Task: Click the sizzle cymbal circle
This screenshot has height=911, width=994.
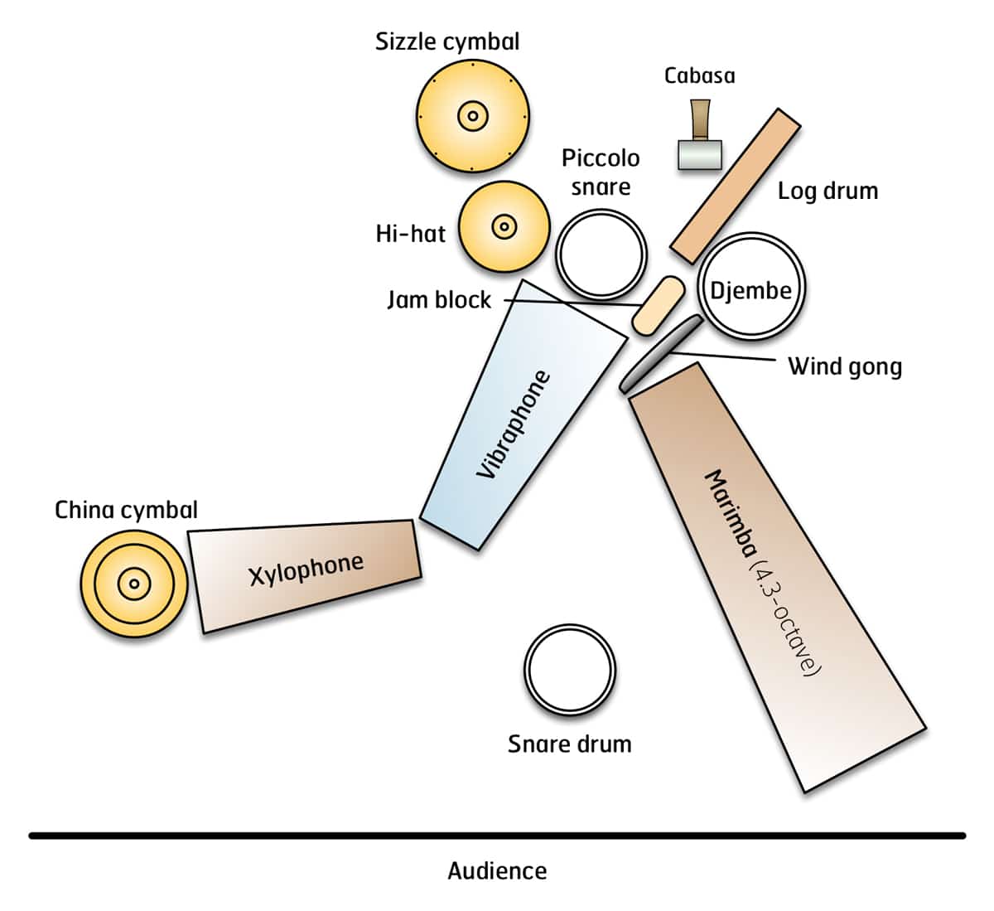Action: (472, 116)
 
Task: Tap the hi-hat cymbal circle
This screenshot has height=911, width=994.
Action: (504, 226)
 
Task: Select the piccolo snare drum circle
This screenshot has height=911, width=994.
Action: (601, 254)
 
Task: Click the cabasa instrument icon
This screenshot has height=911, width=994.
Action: (700, 137)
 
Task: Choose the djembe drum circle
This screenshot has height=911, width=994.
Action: (750, 286)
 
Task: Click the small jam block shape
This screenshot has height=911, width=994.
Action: (659, 306)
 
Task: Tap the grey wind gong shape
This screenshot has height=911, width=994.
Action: (659, 352)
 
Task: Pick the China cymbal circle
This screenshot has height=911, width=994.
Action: (133, 584)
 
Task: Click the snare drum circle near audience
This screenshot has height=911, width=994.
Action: (570, 670)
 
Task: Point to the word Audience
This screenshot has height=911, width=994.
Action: (497, 871)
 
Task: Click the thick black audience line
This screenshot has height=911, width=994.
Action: (497, 836)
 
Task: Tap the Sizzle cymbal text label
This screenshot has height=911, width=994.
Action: (447, 41)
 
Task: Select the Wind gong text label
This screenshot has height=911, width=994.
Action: (844, 366)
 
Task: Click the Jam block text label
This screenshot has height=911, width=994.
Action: (439, 299)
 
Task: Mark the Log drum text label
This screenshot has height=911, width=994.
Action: (828, 191)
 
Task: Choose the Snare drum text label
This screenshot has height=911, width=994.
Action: (569, 744)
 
